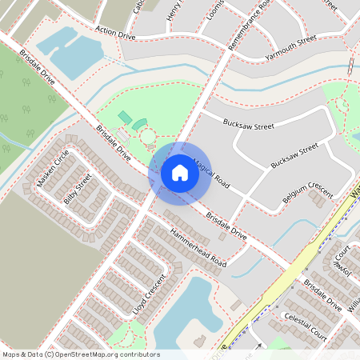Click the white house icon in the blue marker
pos(180,172)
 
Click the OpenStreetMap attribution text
pos(80,354)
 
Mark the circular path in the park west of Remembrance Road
pos(148,138)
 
